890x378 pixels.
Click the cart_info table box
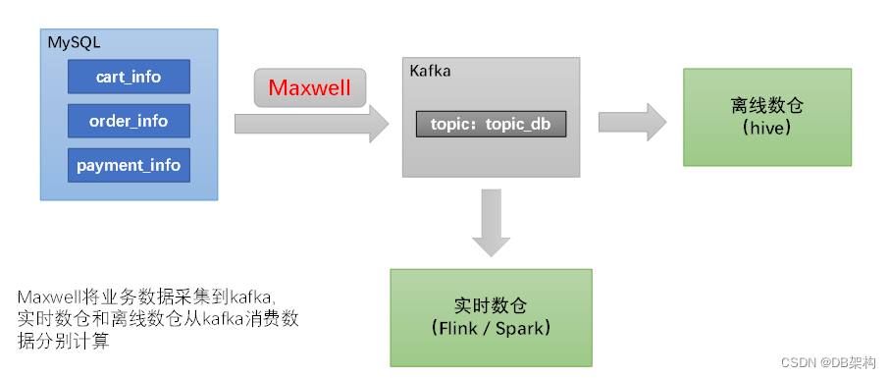[128, 76]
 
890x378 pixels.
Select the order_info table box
[128, 121]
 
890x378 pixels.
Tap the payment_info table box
[128, 165]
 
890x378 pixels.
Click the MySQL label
[75, 43]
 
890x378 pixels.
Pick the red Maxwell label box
[310, 87]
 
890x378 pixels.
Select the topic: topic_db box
[491, 125]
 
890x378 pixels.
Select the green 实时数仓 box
[491, 317]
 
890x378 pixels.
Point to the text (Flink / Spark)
[491, 328]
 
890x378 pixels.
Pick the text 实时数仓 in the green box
[491, 305]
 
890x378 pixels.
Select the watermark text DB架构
[855, 362]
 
